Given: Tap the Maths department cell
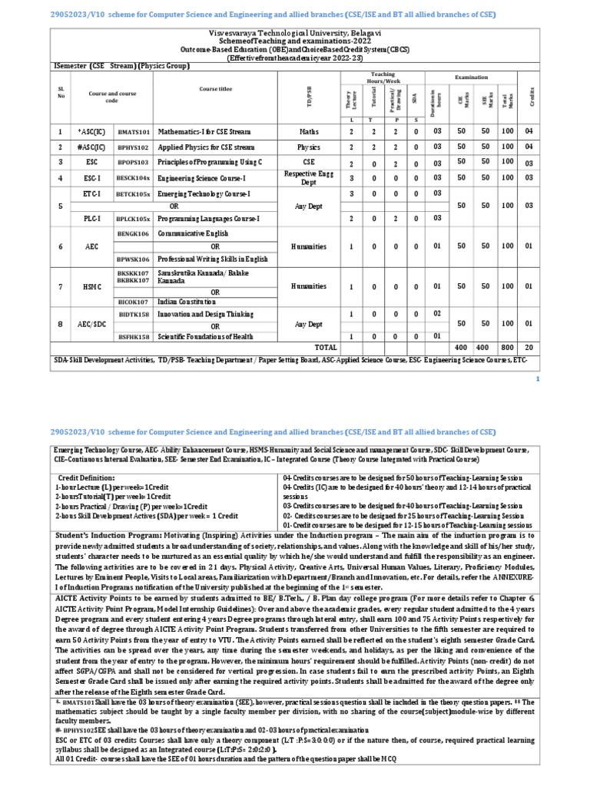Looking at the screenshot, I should click(x=308, y=132).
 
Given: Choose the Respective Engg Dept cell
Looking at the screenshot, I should click(x=308, y=178).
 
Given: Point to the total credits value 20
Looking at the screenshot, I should click(x=529, y=348).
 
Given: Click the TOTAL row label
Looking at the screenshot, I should click(x=326, y=348).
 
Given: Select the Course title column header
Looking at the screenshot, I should click(x=215, y=89).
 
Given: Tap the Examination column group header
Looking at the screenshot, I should click(x=471, y=78).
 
